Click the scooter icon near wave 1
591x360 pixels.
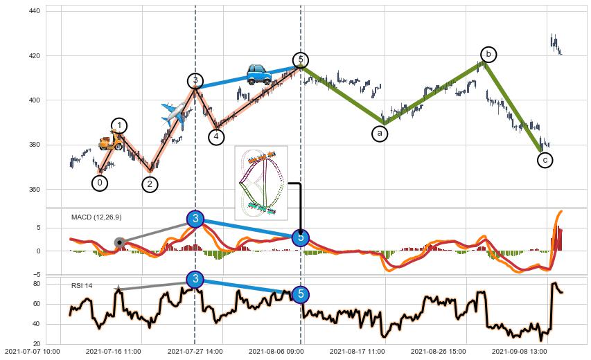click(x=110, y=141)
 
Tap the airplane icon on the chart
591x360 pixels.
click(x=175, y=114)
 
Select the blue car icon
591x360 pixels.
click(x=259, y=73)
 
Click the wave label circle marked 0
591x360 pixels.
click(x=100, y=183)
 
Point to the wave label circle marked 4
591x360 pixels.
click(x=217, y=136)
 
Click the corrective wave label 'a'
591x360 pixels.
click(x=380, y=134)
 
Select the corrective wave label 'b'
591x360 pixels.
click(x=488, y=54)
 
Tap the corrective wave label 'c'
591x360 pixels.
click(x=545, y=160)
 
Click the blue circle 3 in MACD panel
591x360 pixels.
click(x=195, y=219)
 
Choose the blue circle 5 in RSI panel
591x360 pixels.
click(x=300, y=294)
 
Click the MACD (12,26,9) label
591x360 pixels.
click(x=96, y=217)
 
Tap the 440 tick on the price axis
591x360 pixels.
click(x=33, y=11)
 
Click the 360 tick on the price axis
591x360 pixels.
click(x=33, y=189)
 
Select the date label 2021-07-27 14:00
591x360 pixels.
click(x=195, y=352)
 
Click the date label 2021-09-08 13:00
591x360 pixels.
click(x=519, y=352)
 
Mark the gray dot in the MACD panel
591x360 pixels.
click(x=120, y=242)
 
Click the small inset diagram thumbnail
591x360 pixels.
click(x=261, y=183)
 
